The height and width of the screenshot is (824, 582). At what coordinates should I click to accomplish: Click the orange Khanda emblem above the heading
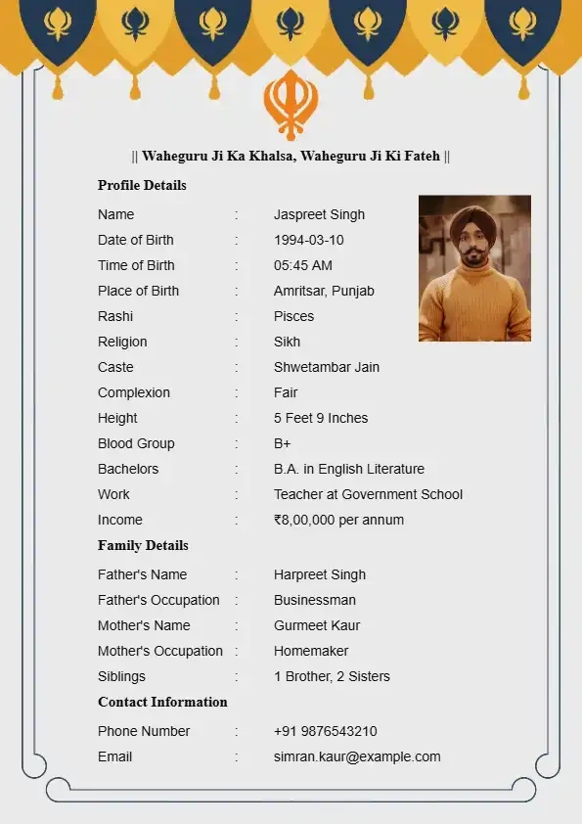291,103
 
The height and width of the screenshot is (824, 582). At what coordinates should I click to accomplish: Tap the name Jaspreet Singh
319,214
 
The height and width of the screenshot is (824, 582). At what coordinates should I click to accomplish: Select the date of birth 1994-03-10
308,240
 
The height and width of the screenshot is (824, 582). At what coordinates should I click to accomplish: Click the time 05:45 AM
302,265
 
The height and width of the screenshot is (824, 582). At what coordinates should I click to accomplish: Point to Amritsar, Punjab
324,291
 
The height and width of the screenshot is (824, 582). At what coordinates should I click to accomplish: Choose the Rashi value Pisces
293,316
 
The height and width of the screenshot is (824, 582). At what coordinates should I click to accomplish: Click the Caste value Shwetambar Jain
327,367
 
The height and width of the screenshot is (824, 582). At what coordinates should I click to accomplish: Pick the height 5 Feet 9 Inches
321,418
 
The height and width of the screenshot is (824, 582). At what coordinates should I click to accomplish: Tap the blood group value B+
283,443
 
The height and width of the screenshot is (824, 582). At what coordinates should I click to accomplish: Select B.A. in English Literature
349,469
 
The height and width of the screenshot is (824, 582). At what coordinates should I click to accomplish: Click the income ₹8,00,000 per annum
338,520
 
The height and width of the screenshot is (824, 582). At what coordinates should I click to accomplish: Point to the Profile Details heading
142,185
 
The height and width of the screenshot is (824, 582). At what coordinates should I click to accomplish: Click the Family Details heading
143,545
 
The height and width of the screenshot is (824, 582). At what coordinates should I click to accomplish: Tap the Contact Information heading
162,702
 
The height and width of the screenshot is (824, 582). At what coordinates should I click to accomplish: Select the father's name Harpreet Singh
320,574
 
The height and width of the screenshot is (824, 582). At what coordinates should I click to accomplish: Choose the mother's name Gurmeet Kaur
317,625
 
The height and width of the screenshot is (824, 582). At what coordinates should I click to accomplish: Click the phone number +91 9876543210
325,731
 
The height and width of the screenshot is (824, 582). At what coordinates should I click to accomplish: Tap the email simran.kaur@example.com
357,756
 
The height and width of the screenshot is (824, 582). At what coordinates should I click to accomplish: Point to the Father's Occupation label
158,600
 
